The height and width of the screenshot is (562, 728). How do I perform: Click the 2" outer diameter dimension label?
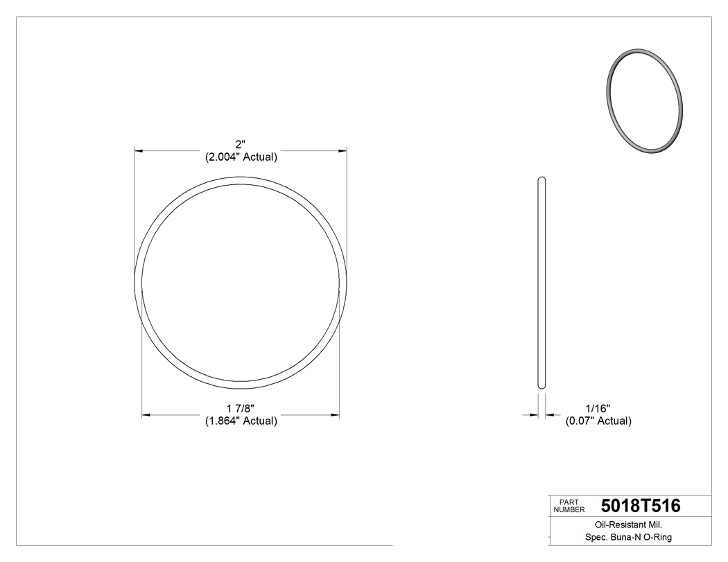pyautogui.click(x=241, y=144)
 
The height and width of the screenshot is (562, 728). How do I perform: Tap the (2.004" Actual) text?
pyautogui.click(x=241, y=157)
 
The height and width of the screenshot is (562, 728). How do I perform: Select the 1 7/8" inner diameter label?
pyautogui.click(x=241, y=408)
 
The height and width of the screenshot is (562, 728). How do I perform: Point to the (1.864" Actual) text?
pyautogui.click(x=241, y=421)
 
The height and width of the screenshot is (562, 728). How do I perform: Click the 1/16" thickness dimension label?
pyautogui.click(x=598, y=408)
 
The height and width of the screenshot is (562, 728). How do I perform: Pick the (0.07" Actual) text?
pyautogui.click(x=598, y=421)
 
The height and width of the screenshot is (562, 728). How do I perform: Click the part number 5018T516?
pyautogui.click(x=641, y=506)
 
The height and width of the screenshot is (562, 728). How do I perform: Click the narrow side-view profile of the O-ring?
pyautogui.click(x=541, y=283)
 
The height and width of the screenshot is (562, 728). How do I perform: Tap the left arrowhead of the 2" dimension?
pyautogui.click(x=139, y=150)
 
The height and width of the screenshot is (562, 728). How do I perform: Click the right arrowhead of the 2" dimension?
pyautogui.click(x=343, y=150)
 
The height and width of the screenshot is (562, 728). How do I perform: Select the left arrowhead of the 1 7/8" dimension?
pyautogui.click(x=146, y=415)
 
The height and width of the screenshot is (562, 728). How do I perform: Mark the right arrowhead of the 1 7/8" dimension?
pyautogui.click(x=335, y=415)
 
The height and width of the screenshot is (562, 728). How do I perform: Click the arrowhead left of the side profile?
pyautogui.click(x=534, y=415)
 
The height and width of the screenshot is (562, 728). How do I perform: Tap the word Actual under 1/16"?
pyautogui.click(x=614, y=421)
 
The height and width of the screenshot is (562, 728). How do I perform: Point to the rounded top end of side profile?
pyautogui.click(x=541, y=179)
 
